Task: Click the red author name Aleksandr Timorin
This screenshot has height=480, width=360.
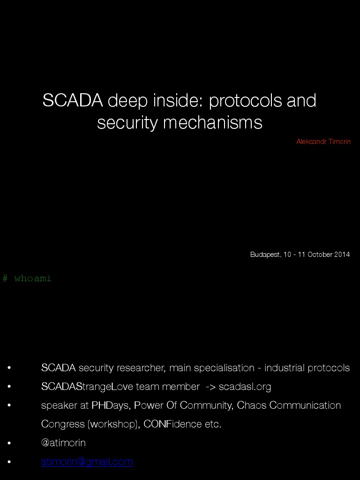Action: point(323,142)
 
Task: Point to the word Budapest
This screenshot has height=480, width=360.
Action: point(265,255)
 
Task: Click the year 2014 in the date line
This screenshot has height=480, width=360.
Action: point(342,255)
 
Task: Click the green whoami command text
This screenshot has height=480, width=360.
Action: point(33,278)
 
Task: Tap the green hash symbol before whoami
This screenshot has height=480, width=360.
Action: point(5,278)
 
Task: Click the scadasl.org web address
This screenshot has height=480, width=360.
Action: point(245,387)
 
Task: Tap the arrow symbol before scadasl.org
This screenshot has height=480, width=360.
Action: point(210,387)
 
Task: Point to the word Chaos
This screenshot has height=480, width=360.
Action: point(250,405)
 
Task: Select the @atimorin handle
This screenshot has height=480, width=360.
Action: point(63,443)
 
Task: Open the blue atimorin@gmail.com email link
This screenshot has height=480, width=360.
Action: point(87,462)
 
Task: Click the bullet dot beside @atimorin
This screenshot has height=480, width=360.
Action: point(9,443)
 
